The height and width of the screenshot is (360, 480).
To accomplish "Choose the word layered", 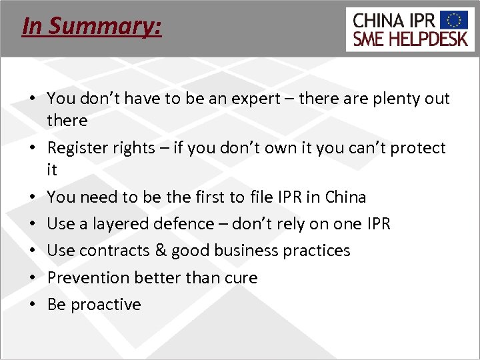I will point(123,224).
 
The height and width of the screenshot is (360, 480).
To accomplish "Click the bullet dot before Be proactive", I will point(32,305).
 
